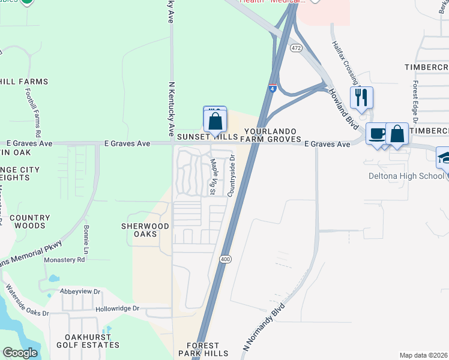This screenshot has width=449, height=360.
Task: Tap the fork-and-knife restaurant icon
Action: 361,97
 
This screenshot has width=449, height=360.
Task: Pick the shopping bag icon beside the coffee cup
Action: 397,133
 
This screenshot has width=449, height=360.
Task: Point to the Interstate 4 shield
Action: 273,89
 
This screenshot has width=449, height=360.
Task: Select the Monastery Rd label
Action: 65,260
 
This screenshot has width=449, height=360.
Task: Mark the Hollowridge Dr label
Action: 117,309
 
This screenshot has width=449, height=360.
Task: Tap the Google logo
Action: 20,353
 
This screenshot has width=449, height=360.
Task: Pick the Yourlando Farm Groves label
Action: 272,135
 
